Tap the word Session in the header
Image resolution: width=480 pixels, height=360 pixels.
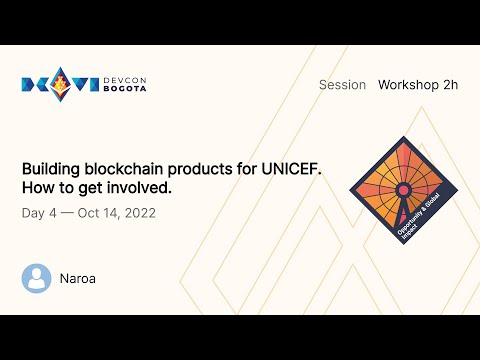(x=342, y=85)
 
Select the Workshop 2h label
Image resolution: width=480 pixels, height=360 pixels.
(x=417, y=85)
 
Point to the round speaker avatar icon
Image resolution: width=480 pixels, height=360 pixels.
(x=36, y=278)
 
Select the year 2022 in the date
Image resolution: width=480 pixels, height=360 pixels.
(x=138, y=213)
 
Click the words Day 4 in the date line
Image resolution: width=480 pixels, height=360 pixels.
(x=39, y=213)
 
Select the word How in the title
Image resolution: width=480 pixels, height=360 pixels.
(x=37, y=187)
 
